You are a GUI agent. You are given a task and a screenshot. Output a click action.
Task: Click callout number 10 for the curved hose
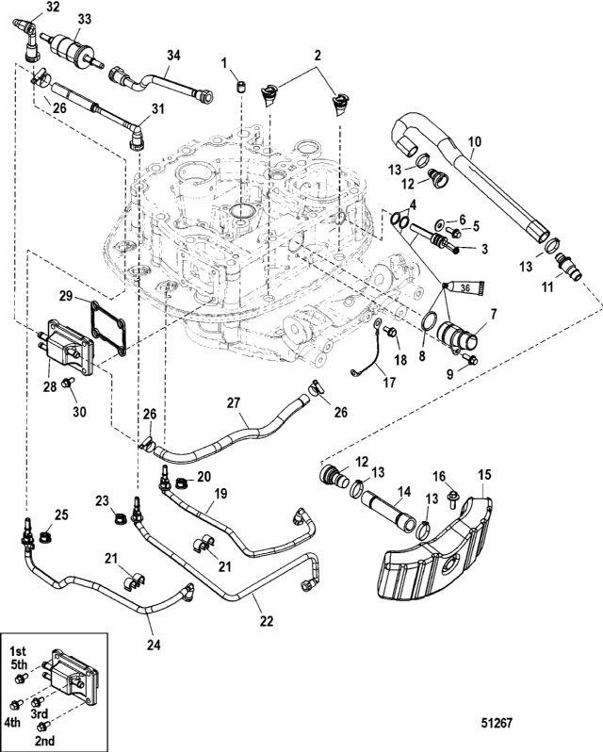click(475, 142)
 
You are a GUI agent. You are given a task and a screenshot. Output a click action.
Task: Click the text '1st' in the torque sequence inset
click(17, 651)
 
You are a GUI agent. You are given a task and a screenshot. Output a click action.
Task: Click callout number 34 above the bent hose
click(172, 55)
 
